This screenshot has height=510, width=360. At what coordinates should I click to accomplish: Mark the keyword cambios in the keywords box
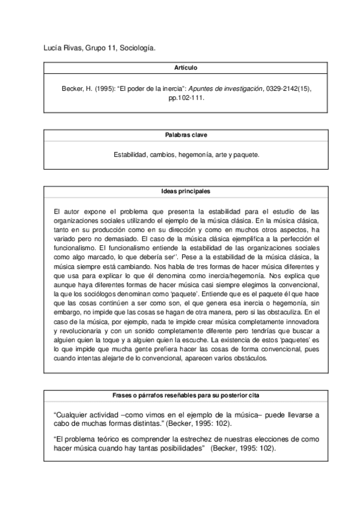point(163,155)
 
